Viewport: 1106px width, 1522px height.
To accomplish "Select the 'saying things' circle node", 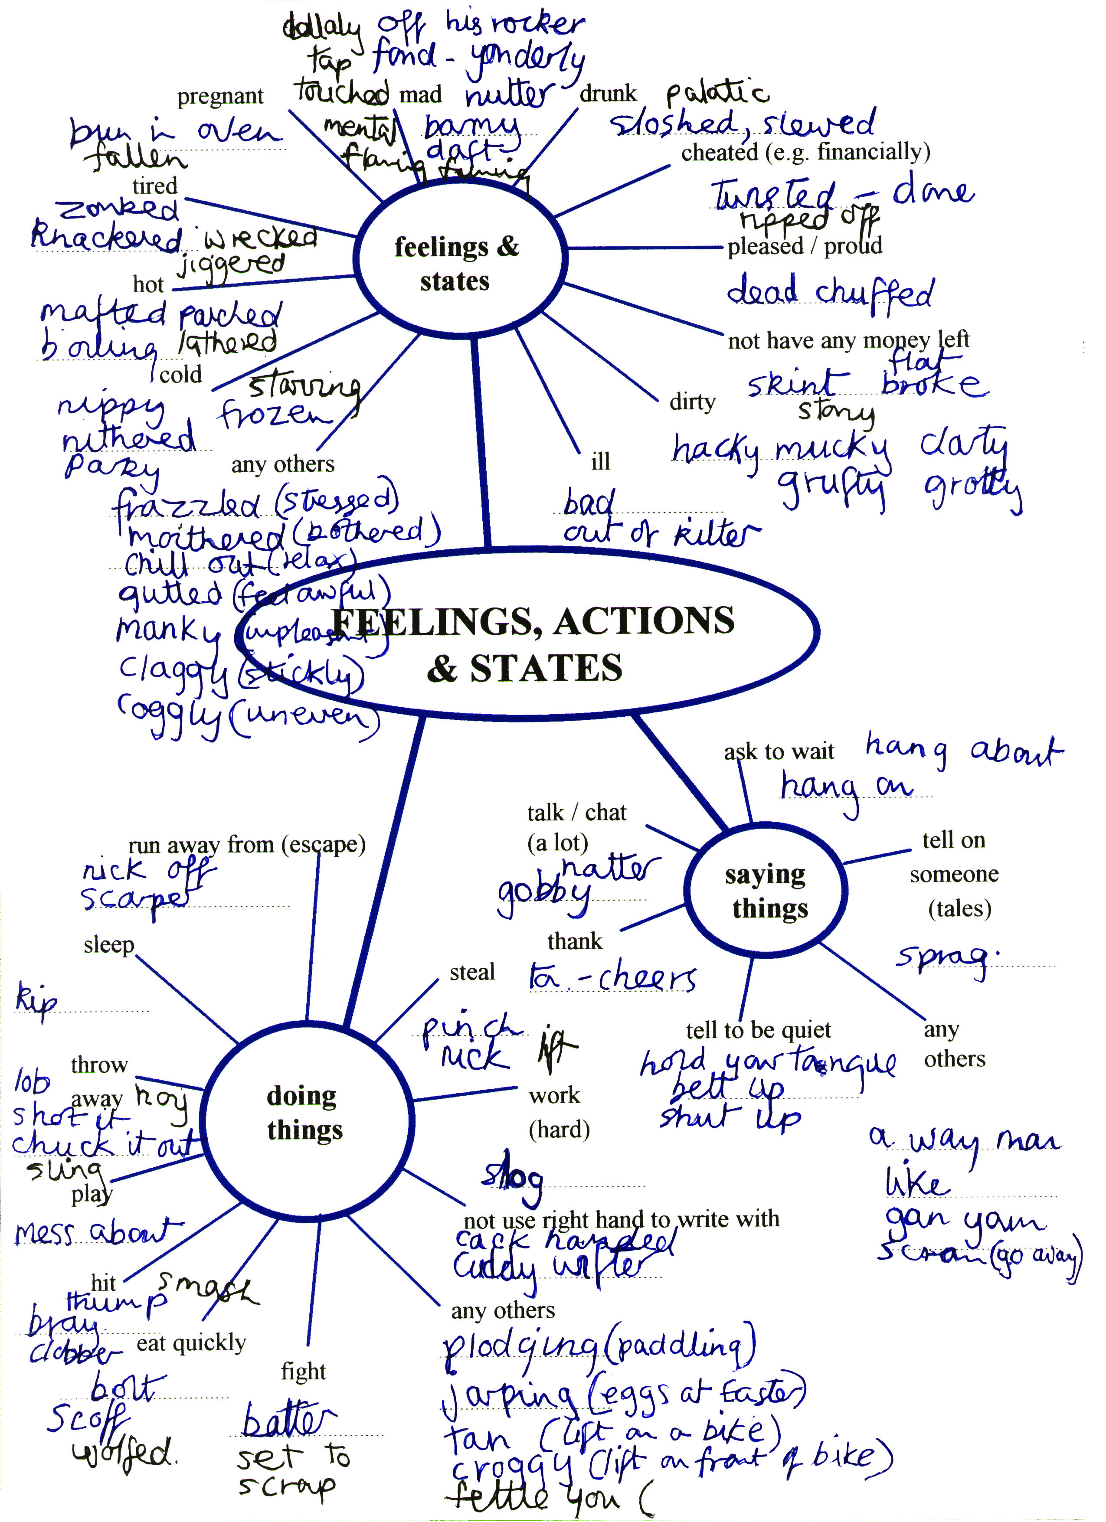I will click(x=765, y=891).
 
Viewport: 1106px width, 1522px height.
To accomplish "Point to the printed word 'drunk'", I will click(x=607, y=93).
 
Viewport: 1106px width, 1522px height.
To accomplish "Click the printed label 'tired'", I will click(x=154, y=186).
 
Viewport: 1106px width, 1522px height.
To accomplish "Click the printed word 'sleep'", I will click(x=109, y=945).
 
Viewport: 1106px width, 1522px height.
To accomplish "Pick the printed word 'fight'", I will click(x=303, y=1371).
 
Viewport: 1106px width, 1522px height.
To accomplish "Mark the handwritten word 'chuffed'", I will click(x=874, y=294).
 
